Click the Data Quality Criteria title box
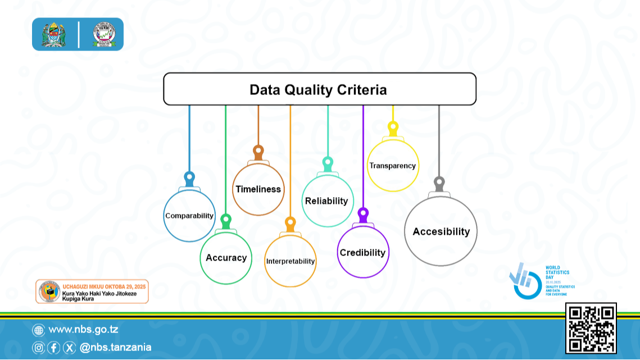pos(319,89)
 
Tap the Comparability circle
pos(189,216)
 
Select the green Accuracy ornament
pos(226,258)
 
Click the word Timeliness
pos(258,189)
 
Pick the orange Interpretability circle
pos(291,261)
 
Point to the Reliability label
pos(326,201)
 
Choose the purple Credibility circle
pos(363,253)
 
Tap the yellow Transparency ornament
pos(392,166)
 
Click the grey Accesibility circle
pos(441,231)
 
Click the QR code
pos(591,329)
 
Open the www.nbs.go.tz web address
pos(83,330)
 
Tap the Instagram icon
pos(38,348)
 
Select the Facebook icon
pos(53,348)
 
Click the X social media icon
pos(69,348)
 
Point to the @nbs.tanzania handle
pos(115,348)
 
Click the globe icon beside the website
pos(38,330)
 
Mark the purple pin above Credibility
pos(363,214)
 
